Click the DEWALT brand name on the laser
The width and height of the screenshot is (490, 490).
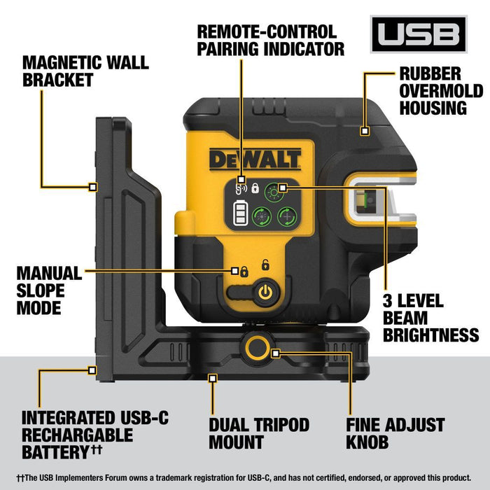[255, 159]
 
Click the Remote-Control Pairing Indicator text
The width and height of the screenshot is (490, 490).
[270, 40]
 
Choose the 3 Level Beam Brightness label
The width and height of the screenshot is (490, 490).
[430, 318]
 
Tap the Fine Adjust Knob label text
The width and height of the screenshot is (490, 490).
[395, 433]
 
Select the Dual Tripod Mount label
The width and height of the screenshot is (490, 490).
[259, 433]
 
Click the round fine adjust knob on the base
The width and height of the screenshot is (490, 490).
[256, 345]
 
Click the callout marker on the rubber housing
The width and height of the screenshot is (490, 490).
[364, 130]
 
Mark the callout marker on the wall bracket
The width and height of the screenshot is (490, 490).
[92, 186]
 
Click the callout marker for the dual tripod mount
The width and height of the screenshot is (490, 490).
[213, 378]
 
